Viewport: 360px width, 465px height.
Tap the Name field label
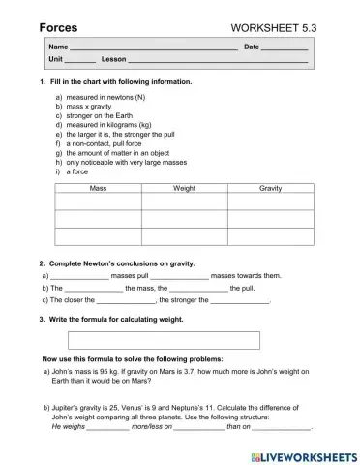(x=58, y=46)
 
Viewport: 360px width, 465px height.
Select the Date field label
(x=252, y=46)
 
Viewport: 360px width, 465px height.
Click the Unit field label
(x=56, y=60)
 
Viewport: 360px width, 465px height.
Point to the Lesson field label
(x=114, y=60)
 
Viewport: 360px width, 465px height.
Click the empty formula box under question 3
(x=164, y=340)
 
